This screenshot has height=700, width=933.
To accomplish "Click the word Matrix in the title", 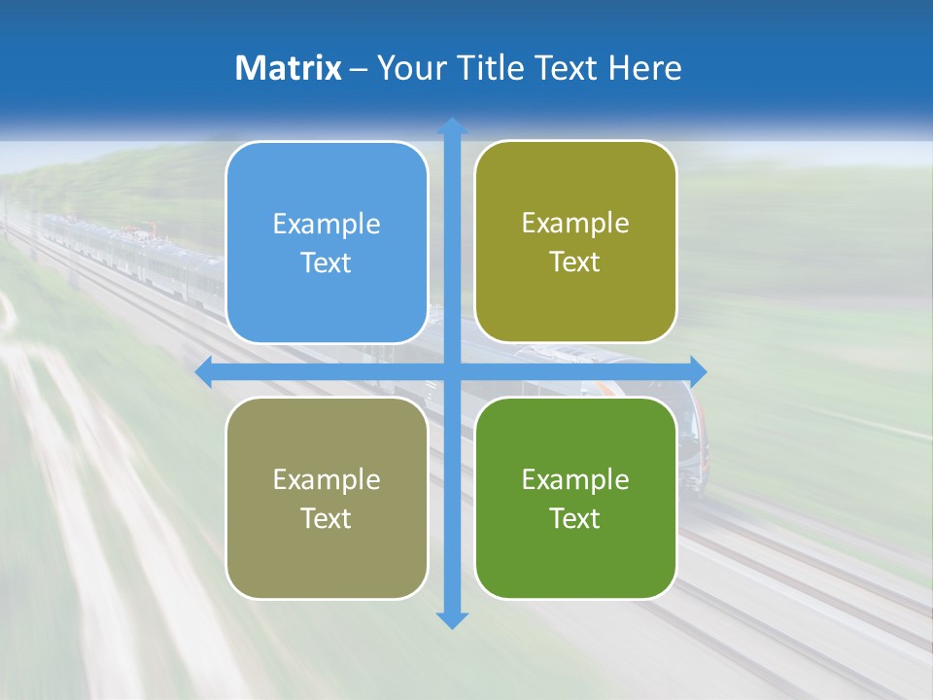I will pos(288,68).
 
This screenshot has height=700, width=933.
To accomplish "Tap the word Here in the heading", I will pos(644,68).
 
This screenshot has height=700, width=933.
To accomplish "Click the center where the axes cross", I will pos(452,371).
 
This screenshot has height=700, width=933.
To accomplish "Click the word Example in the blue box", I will pos(327,225).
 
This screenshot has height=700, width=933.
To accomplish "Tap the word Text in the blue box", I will pos(327,263).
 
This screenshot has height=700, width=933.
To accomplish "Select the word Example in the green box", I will pos(575,479).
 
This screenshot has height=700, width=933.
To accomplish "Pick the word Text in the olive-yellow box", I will pos(575,262).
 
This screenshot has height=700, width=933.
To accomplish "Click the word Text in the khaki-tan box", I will pos(327,518).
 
